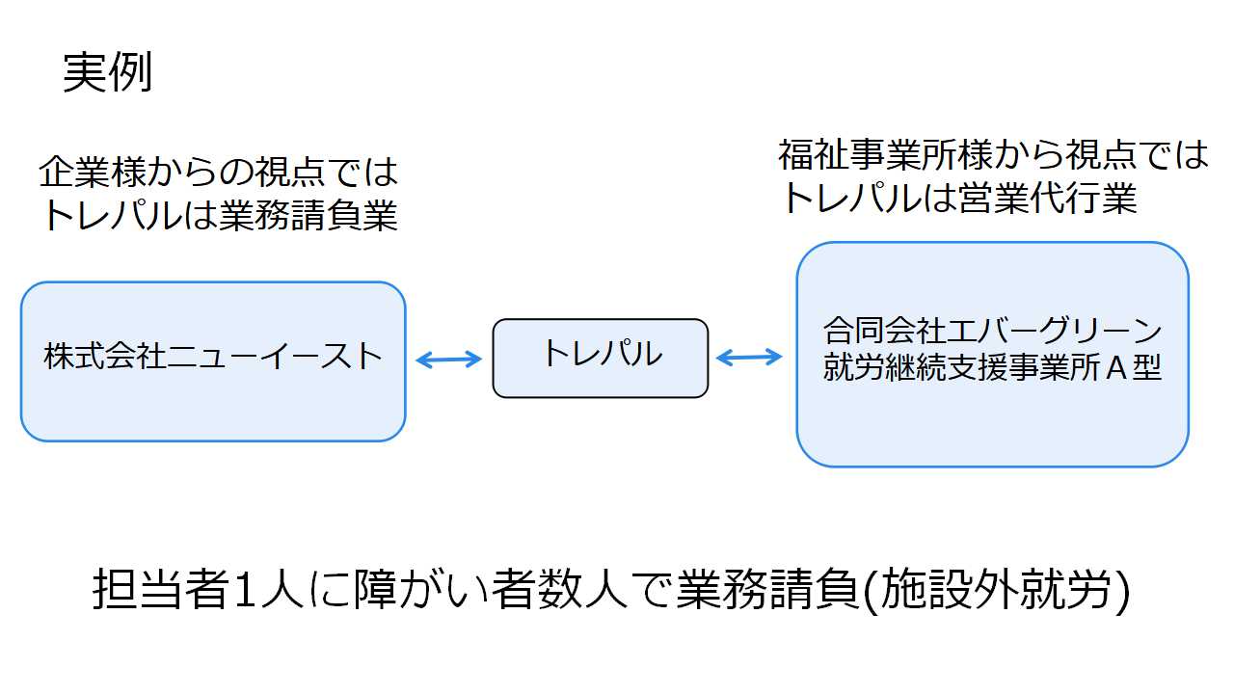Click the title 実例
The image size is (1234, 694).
pyautogui.click(x=107, y=72)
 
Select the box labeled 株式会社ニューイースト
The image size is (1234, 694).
pyautogui.click(x=213, y=361)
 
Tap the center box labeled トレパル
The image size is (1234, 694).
pyautogui.click(x=601, y=358)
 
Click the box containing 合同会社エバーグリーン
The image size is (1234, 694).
pyautogui.click(x=992, y=354)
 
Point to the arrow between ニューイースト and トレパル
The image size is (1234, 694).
pyautogui.click(x=448, y=360)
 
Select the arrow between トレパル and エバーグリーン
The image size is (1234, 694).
pyautogui.click(x=749, y=357)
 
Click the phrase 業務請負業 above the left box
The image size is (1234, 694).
pyautogui.click(x=308, y=215)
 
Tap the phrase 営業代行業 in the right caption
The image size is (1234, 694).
pyautogui.click(x=1047, y=198)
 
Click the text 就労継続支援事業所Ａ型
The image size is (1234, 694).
pyautogui.click(x=992, y=367)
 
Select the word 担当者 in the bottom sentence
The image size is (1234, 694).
pyautogui.click(x=161, y=589)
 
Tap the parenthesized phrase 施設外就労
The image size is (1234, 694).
pyautogui.click(x=996, y=589)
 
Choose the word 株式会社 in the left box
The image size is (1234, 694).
pyautogui.click(x=105, y=356)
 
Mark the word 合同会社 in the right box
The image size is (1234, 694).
pyautogui.click(x=884, y=331)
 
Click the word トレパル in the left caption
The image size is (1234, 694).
pyautogui.click(x=112, y=215)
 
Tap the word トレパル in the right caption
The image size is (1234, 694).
pyautogui.click(x=851, y=198)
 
